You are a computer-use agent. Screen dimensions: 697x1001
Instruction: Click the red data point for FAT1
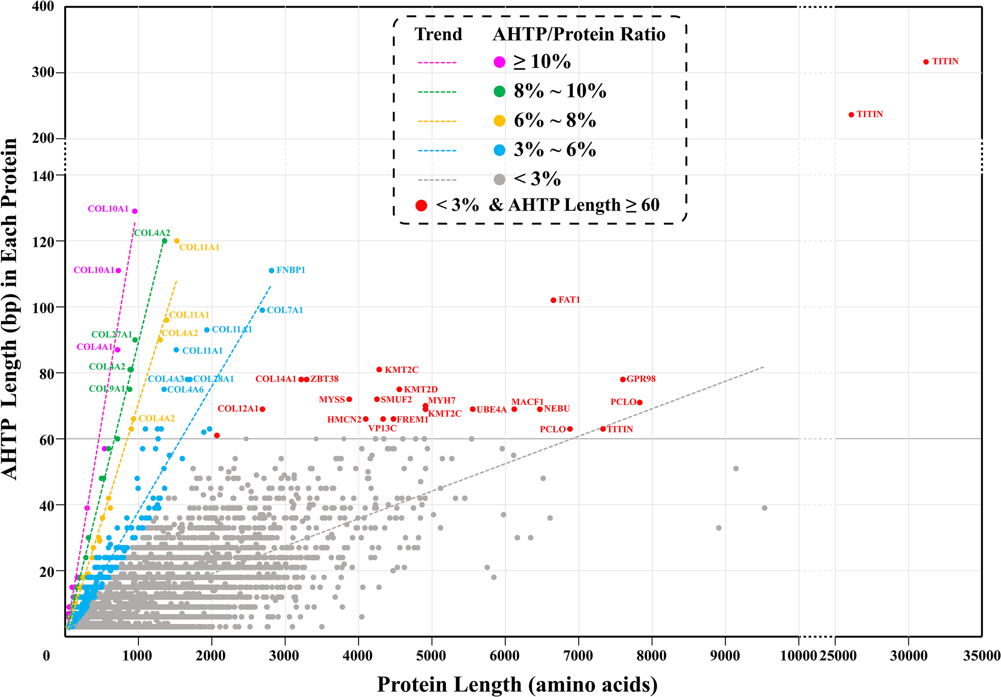click(x=553, y=300)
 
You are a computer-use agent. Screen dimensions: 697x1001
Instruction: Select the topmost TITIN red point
click(x=926, y=62)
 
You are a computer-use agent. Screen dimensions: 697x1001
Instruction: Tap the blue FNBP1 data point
click(x=271, y=270)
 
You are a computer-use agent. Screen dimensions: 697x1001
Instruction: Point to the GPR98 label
click(x=641, y=379)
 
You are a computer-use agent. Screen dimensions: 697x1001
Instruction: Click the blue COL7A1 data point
click(x=262, y=310)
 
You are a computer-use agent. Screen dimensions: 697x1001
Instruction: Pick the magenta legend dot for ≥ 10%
click(x=499, y=62)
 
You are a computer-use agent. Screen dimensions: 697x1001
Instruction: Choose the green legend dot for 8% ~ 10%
click(x=499, y=92)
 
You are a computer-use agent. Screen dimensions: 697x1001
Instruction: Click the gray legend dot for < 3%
click(x=499, y=180)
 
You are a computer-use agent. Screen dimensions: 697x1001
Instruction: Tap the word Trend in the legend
click(x=438, y=34)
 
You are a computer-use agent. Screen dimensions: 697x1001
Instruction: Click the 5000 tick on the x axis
click(x=431, y=656)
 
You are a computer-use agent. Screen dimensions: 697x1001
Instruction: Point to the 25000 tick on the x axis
click(x=838, y=656)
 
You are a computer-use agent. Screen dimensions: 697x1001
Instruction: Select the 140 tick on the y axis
click(x=43, y=176)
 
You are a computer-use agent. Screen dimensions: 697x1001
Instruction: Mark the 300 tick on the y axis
click(x=43, y=72)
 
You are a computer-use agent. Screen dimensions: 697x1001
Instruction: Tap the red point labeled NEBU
click(x=540, y=409)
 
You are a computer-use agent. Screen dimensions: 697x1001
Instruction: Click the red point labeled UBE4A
click(x=472, y=409)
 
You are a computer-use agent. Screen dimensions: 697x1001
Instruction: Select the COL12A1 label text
click(x=238, y=409)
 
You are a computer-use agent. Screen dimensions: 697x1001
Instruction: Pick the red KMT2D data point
click(x=399, y=389)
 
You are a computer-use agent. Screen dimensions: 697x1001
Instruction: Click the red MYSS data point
click(x=349, y=399)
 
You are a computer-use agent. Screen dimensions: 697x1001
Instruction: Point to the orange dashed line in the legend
click(x=437, y=121)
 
